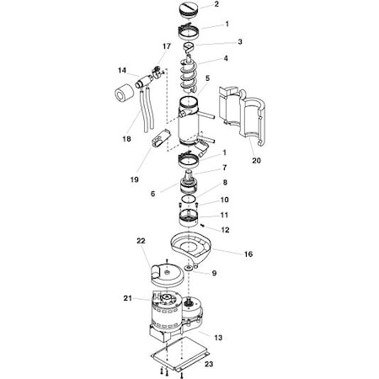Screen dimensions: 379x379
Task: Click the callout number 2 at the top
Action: pyautogui.click(x=216, y=4)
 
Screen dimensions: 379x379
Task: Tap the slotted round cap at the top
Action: pyautogui.click(x=189, y=10)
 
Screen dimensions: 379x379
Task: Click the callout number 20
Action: pyautogui.click(x=256, y=161)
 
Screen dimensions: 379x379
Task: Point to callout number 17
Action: pyautogui.click(x=167, y=46)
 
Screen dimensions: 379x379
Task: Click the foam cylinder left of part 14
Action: pyautogui.click(x=124, y=93)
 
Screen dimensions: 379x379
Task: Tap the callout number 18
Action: pyautogui.click(x=126, y=139)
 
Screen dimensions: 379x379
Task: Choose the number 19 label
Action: pyautogui.click(x=135, y=179)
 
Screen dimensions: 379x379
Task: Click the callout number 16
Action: pyautogui.click(x=248, y=254)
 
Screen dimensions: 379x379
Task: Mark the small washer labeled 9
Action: pyautogui.click(x=189, y=267)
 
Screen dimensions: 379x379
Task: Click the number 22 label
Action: pyautogui.click(x=141, y=241)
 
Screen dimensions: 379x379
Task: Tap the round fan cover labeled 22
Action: pyautogui.click(x=167, y=274)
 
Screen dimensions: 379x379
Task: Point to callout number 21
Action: pyautogui.click(x=128, y=298)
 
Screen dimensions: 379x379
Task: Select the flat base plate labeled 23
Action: pyautogui.click(x=180, y=353)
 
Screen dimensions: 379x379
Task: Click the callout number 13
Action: pyautogui.click(x=218, y=338)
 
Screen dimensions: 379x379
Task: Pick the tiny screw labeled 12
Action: pyautogui.click(x=202, y=224)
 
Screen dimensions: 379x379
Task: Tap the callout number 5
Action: pyautogui.click(x=207, y=78)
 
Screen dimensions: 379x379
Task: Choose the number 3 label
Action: pyautogui.click(x=240, y=42)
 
